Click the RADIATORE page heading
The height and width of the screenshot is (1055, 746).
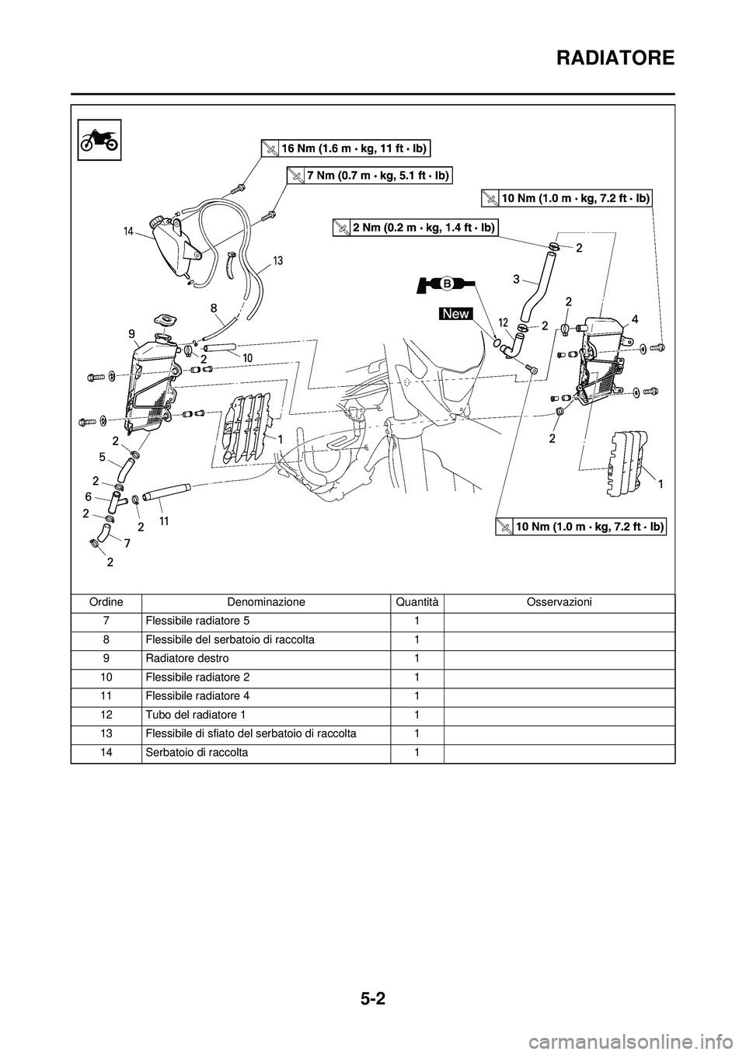coord(604,57)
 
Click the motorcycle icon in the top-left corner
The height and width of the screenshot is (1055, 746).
coord(99,140)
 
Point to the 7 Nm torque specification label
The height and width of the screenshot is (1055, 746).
coord(369,176)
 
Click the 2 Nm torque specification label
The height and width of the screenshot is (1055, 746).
coord(414,227)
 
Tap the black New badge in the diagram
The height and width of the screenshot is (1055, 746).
coord(455,313)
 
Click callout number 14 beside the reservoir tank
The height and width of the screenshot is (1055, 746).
coord(128,232)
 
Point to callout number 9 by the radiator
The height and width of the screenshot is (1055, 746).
coord(132,333)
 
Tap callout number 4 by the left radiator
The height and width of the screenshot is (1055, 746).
coord(635,319)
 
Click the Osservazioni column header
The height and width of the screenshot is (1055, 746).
coord(559,602)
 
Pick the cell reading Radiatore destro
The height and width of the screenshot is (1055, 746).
coord(186,658)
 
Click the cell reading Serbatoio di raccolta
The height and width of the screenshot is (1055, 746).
coord(196,752)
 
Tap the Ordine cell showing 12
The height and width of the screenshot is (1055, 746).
coord(106,715)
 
